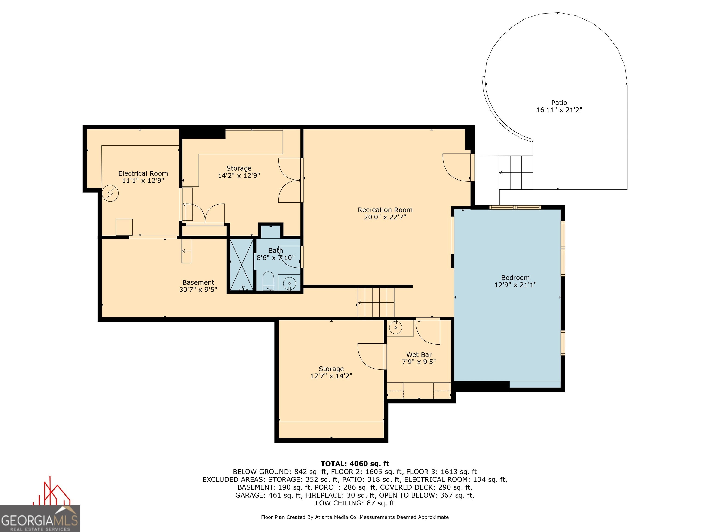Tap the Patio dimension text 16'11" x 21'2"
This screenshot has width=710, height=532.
tap(559, 110)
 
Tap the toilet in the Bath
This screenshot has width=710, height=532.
tap(268, 281)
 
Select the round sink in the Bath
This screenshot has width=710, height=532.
tap(290, 283)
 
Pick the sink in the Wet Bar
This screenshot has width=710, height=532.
tap(395, 327)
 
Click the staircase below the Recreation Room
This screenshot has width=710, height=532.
tap(376, 302)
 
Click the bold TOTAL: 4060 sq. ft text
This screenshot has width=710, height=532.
tap(355, 463)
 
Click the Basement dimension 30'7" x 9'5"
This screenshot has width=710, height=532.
tap(198, 289)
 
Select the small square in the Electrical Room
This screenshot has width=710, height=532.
tap(124, 227)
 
